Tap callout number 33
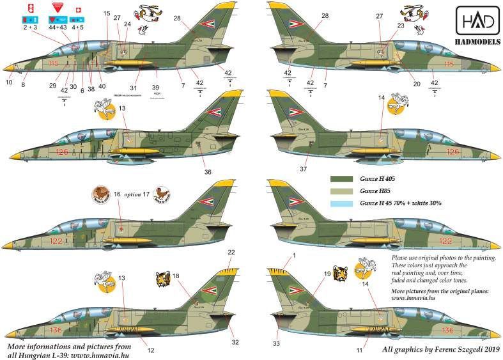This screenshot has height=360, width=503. click(277, 343)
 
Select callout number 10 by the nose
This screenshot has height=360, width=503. click(9, 82)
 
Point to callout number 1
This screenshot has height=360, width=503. click(295, 256)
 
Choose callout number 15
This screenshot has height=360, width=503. click(106, 13)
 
